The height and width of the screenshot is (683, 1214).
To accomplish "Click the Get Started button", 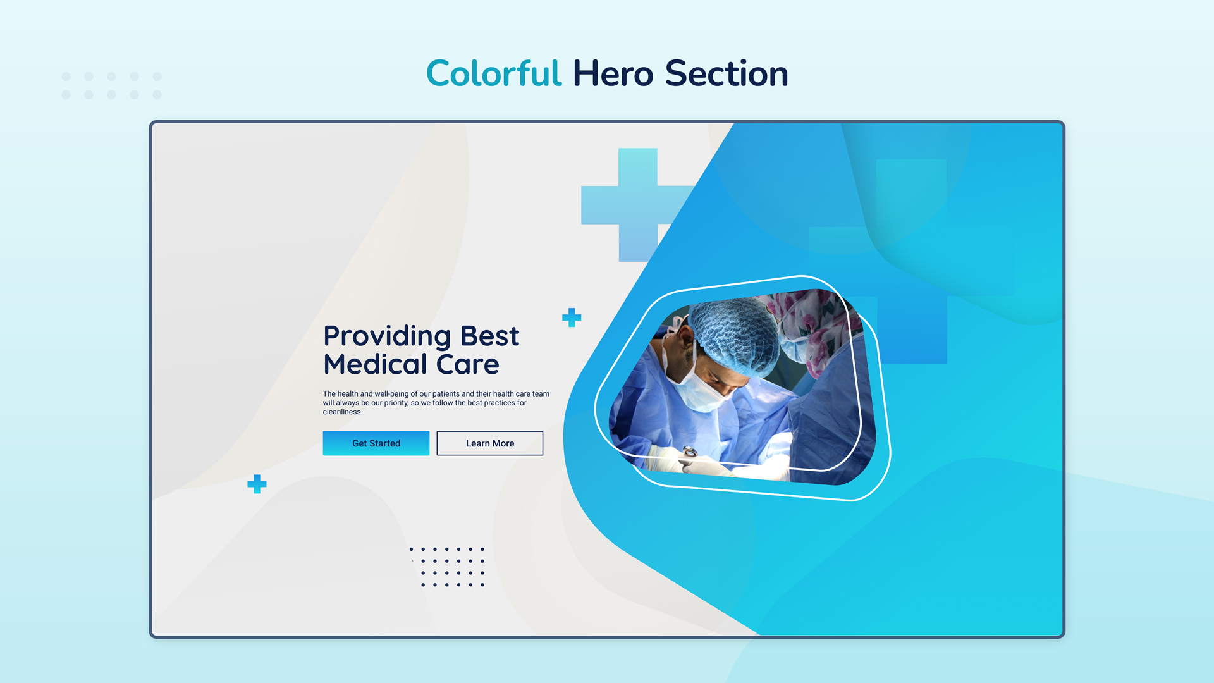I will (x=376, y=443).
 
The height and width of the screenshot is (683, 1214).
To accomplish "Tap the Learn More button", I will (x=489, y=443).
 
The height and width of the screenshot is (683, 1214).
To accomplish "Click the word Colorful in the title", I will (x=493, y=73).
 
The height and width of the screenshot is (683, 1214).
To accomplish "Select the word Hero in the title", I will (x=613, y=73).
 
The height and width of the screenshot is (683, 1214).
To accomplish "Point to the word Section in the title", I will (x=727, y=73).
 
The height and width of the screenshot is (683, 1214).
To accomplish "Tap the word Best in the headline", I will (x=489, y=336).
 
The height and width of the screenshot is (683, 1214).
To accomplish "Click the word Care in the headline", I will (x=468, y=365).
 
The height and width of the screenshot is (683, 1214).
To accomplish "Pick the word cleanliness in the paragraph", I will (x=342, y=412).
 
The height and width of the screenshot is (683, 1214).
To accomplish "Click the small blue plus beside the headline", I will (x=572, y=317).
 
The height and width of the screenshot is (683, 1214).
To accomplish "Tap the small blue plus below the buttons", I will (x=257, y=484).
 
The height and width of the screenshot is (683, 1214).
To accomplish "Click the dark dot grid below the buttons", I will (x=447, y=567).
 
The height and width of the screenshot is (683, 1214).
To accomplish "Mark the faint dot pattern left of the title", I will (x=112, y=85).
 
